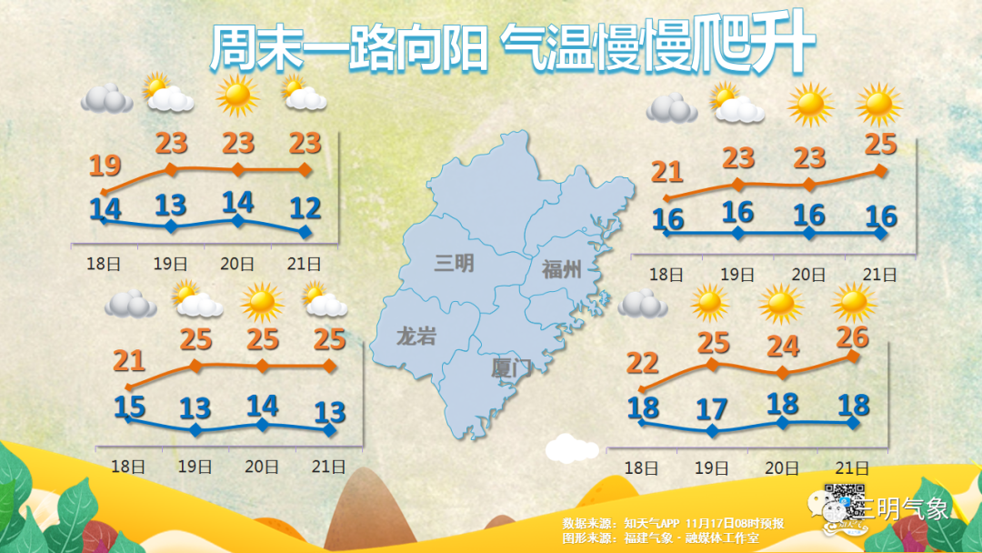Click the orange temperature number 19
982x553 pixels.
coord(105,166)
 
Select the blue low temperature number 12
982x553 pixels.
coord(305,209)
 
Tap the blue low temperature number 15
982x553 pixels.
coord(129,406)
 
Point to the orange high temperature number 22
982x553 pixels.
coord(643,363)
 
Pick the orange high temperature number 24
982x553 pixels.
coord(783,347)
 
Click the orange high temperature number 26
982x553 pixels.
coord(852,337)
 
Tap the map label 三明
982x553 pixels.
coord(454,264)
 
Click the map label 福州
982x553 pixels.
coord(561,268)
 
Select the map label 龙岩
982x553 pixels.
coord(416,337)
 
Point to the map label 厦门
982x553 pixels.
coord(509,368)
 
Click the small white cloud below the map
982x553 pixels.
coord(573,447)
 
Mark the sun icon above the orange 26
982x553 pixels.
coord(854,300)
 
